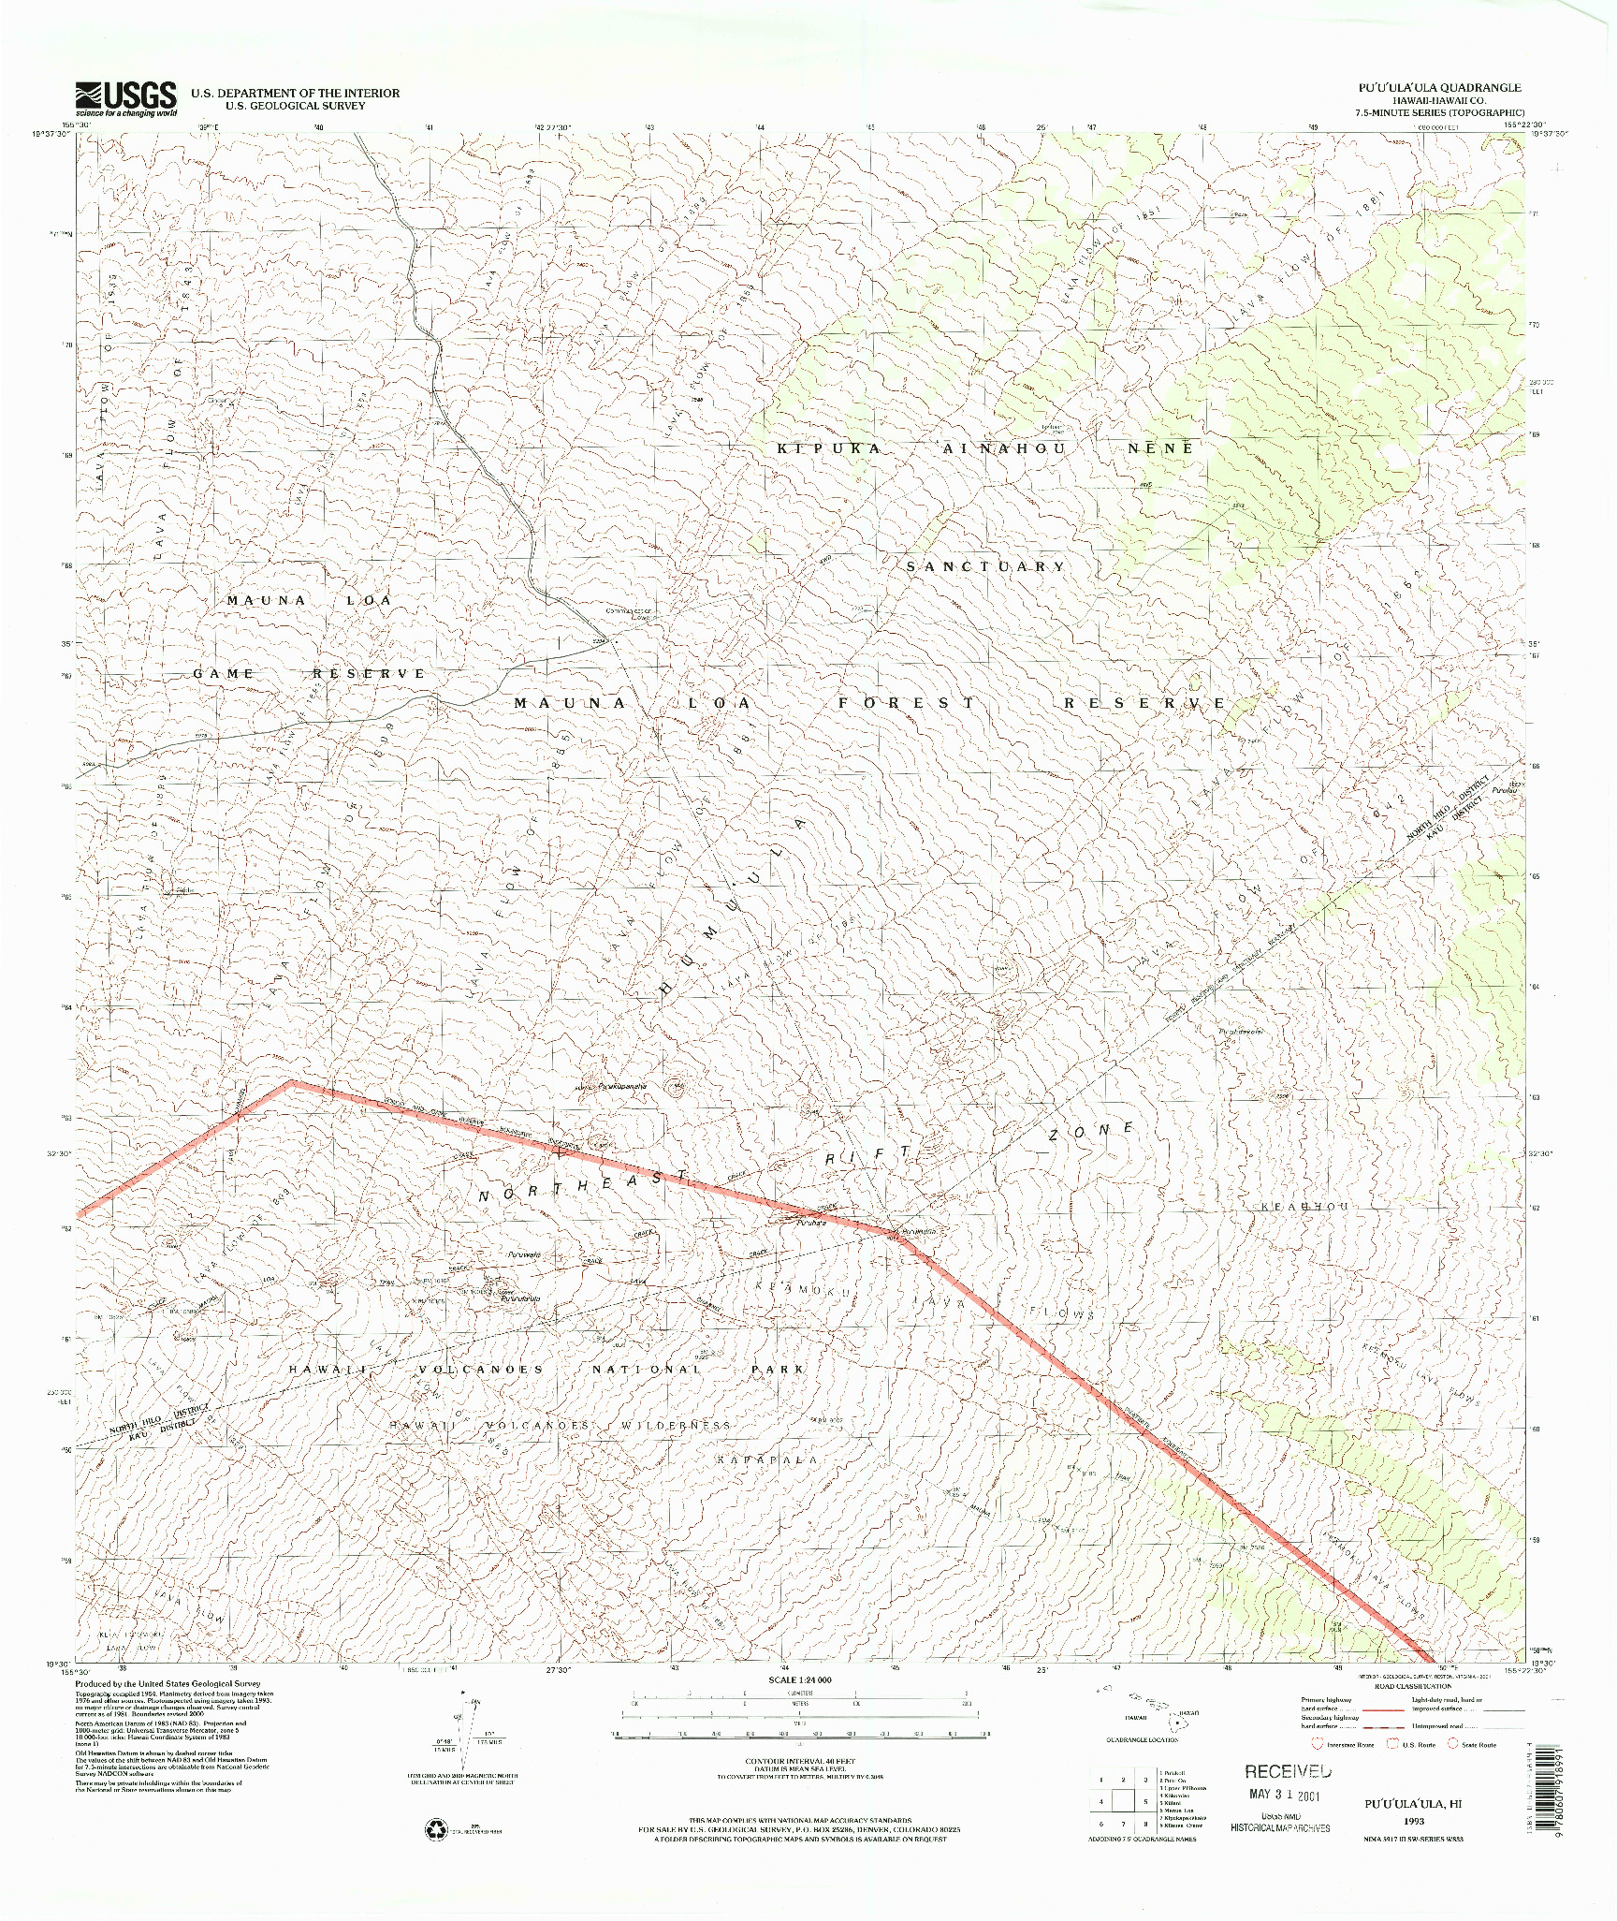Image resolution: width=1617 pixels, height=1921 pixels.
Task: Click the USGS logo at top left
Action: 126,98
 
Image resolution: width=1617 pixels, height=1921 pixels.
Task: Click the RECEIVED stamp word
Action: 1287,1771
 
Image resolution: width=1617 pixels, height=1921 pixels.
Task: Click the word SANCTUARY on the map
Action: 985,566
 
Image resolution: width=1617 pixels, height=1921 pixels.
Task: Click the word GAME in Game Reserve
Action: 224,673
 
